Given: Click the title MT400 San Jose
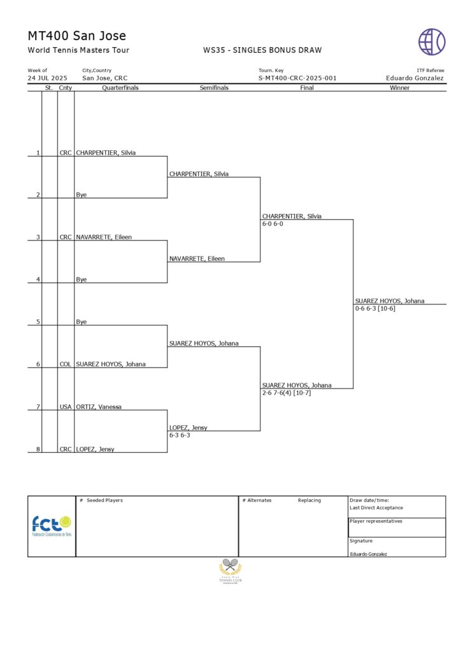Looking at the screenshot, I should [77, 36].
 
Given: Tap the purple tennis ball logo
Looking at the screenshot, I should [432, 41].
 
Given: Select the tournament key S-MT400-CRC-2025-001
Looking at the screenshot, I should [297, 78].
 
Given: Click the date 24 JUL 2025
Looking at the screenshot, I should [47, 78].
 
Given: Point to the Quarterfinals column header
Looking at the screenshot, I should [120, 88].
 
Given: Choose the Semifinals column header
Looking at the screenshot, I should [214, 88].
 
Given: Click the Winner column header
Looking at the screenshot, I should [400, 88].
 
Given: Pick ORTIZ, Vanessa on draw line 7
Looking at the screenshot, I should [99, 407].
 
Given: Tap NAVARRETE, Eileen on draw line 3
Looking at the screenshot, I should [104, 237].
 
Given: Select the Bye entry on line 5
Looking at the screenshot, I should [82, 322].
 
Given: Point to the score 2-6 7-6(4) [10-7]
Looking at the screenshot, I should [287, 393].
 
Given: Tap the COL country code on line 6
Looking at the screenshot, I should [66, 364].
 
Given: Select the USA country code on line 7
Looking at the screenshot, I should [66, 407].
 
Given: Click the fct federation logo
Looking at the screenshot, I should [52, 526].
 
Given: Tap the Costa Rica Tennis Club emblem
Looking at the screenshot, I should [230, 570].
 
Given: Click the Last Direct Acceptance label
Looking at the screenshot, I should [376, 508].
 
